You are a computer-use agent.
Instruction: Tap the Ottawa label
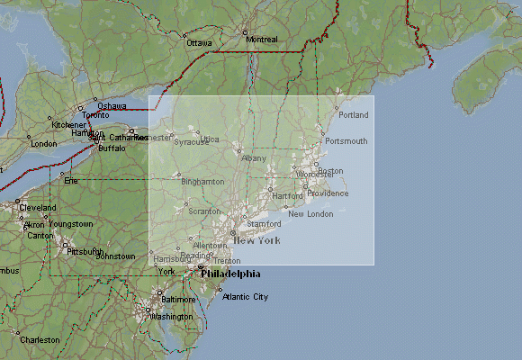(199, 43)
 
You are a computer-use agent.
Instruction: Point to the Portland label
(355, 115)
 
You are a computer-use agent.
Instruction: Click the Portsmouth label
(346, 141)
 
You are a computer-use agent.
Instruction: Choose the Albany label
(254, 158)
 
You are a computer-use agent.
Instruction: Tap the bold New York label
(256, 240)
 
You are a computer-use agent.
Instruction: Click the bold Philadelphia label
(231, 274)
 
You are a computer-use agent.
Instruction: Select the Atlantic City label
(245, 296)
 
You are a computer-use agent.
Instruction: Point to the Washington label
(172, 317)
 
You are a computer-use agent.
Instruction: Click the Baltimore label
(178, 299)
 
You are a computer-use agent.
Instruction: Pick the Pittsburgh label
(85, 251)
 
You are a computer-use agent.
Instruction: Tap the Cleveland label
(37, 208)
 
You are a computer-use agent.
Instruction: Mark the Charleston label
(40, 340)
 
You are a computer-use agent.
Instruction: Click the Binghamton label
(202, 182)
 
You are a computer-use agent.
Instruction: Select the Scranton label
(204, 211)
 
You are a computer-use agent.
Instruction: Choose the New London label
(310, 214)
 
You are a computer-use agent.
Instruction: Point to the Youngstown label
(71, 223)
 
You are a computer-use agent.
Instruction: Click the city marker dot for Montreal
(244, 32)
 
